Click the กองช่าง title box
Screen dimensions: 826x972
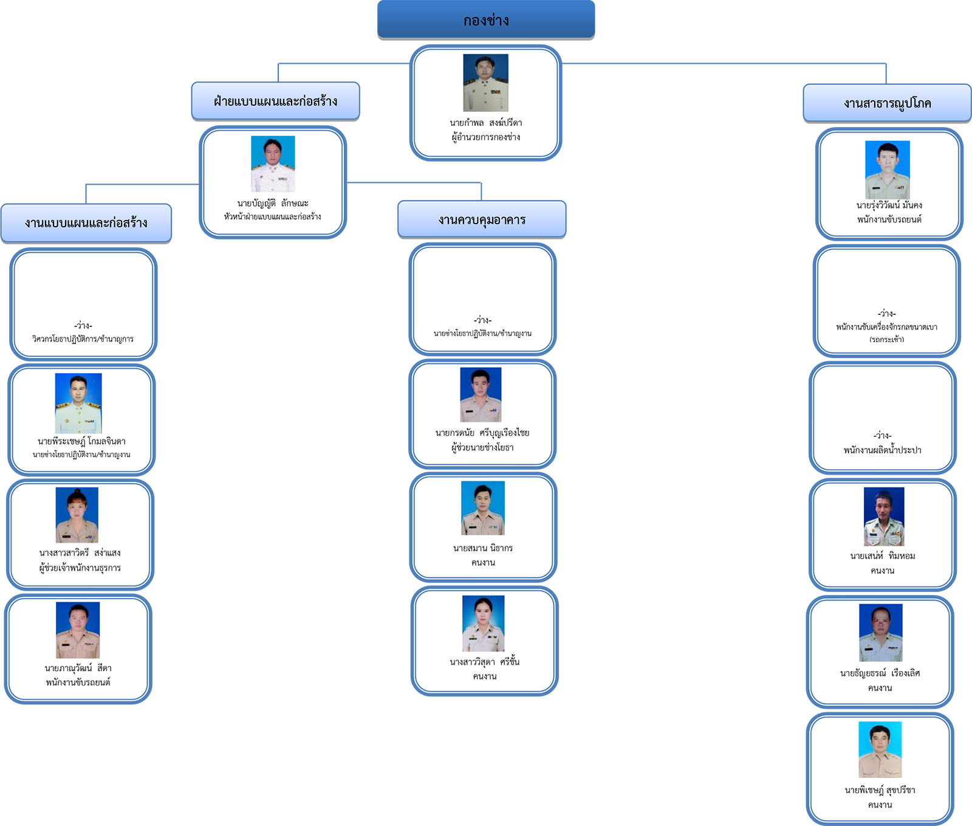[x=486, y=20]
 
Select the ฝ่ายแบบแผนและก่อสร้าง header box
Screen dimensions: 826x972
[x=275, y=101]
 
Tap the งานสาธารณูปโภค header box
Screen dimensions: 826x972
[x=887, y=103]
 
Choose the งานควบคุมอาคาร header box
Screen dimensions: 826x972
[x=482, y=219]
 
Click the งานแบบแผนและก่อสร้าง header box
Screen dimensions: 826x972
[x=86, y=223]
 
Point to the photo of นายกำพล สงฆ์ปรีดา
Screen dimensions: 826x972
[x=485, y=83]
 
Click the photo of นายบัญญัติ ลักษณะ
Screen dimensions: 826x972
[x=273, y=163]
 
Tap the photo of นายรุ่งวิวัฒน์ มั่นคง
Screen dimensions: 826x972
[x=888, y=170]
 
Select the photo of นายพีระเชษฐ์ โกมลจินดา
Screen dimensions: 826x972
[x=78, y=403]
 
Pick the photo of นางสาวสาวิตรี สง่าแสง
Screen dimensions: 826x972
[x=77, y=515]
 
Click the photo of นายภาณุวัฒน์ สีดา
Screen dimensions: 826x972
[x=78, y=630]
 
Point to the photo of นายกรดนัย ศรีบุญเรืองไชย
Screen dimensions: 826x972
[x=481, y=394]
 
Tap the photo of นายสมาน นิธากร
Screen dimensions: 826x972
[x=483, y=508]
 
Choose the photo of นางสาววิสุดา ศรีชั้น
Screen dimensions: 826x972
[x=484, y=623]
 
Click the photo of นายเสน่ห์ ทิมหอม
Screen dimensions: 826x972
[x=884, y=516]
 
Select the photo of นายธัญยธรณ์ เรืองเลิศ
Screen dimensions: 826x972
[x=881, y=632]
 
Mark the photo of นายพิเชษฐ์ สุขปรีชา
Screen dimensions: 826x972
[x=880, y=749]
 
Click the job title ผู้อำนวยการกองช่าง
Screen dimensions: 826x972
[x=485, y=137]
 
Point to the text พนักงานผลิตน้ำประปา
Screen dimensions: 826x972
[x=882, y=450]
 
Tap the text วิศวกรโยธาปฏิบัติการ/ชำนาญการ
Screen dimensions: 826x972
[x=83, y=339]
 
